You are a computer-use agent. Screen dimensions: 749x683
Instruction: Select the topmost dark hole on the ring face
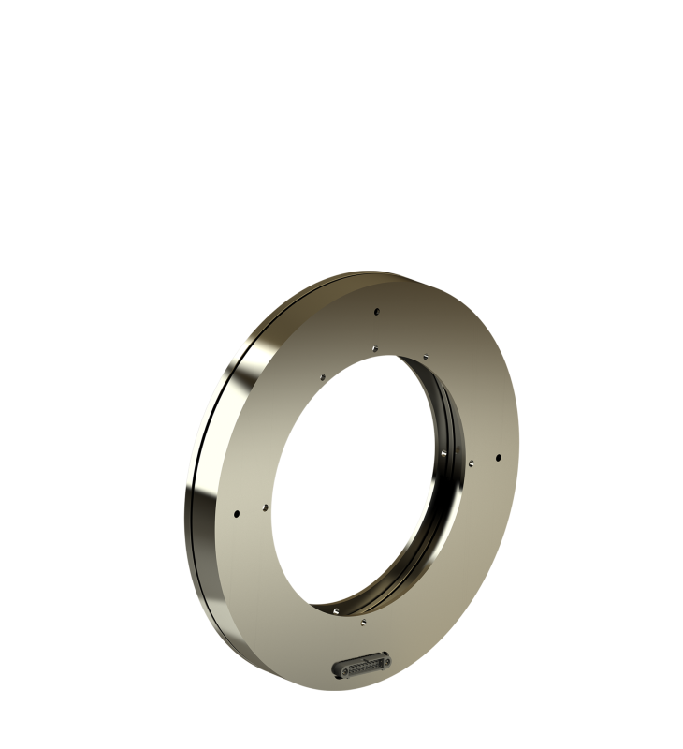click(374, 313)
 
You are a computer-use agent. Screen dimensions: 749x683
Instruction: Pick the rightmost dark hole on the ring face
click(498, 457)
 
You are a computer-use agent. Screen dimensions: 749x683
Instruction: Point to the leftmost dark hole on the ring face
click(238, 513)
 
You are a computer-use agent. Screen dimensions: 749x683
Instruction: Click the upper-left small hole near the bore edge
click(323, 379)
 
